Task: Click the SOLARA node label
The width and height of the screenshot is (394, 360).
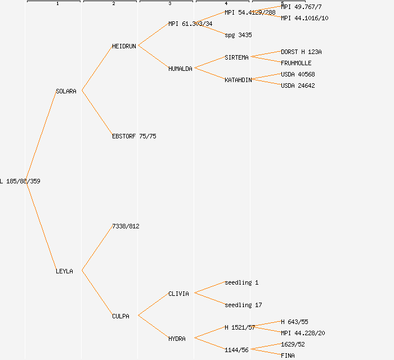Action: tap(66, 91)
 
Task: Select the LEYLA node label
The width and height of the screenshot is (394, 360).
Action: tap(64, 271)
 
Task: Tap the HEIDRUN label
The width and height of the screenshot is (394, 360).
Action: tap(124, 46)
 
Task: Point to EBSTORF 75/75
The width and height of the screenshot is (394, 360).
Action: tap(134, 136)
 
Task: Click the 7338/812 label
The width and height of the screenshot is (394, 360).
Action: tap(126, 226)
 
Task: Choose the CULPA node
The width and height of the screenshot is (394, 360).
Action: tap(120, 316)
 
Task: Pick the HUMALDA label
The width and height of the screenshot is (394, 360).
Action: tap(180, 69)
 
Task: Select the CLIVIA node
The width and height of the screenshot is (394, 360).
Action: tap(178, 294)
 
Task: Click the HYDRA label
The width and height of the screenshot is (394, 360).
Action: tap(177, 339)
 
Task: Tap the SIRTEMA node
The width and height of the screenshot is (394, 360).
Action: tap(236, 57)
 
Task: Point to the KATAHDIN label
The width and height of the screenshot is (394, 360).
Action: tap(238, 80)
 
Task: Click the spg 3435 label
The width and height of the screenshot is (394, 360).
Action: tap(238, 35)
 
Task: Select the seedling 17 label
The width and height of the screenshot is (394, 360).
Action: tap(243, 305)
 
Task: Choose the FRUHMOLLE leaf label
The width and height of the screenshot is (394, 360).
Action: tap(296, 63)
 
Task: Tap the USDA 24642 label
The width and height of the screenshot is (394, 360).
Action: tap(298, 85)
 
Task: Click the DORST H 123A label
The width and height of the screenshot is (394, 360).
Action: tap(301, 52)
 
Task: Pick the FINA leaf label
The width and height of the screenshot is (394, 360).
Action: tap(288, 355)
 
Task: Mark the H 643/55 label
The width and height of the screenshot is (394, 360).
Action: tap(294, 322)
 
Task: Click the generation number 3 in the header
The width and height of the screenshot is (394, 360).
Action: tap(169, 4)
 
